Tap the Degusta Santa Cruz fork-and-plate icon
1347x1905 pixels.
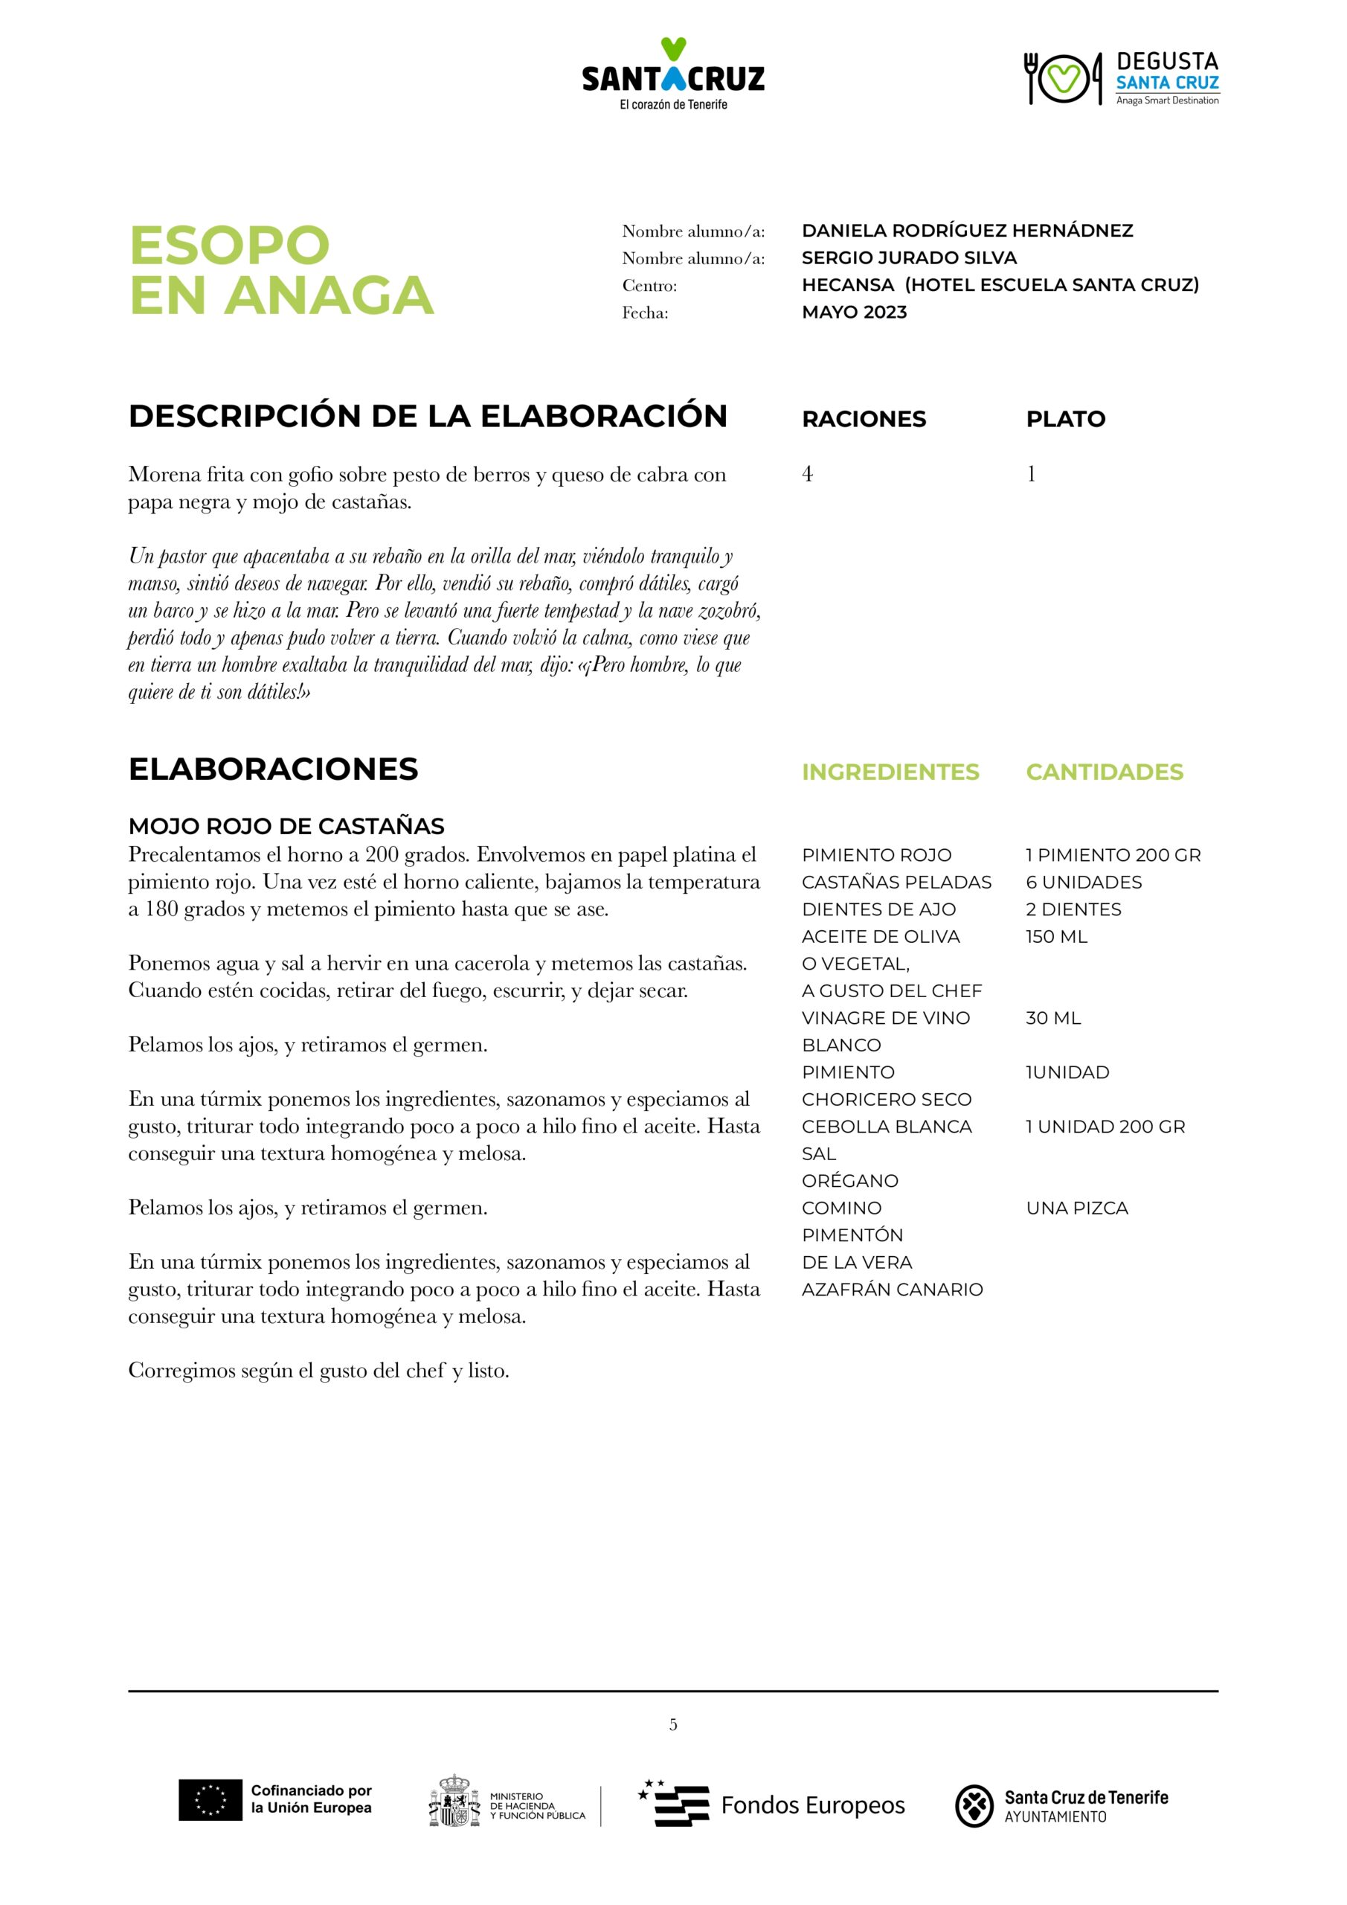coord(1063,79)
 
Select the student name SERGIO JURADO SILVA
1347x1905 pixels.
coord(909,258)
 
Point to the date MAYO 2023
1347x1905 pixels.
coord(855,313)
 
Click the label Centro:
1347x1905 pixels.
coord(649,286)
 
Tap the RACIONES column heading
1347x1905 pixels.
coord(864,419)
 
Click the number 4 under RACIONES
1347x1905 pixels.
coord(807,474)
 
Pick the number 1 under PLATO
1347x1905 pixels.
coord(1031,474)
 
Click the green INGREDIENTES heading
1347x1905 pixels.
coord(890,772)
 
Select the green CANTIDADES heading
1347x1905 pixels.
coord(1104,772)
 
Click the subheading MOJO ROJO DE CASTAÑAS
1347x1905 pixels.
coord(286,827)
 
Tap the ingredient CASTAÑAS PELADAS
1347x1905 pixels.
coord(896,882)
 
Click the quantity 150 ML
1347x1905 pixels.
coord(1056,937)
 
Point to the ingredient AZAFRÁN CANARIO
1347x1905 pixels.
coord(892,1290)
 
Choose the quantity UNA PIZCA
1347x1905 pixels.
coord(1076,1208)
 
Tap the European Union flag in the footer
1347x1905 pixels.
coord(210,1801)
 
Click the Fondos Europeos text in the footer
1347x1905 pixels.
coord(812,1805)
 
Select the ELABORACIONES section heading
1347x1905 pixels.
coord(273,769)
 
